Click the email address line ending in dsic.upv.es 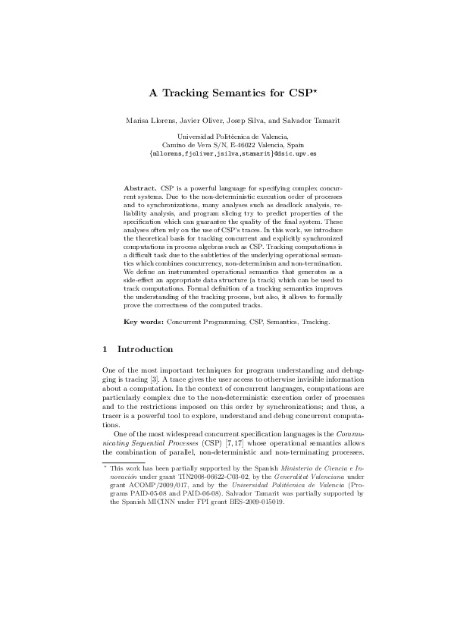pos(225,153)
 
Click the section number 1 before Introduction pos(104,349)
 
